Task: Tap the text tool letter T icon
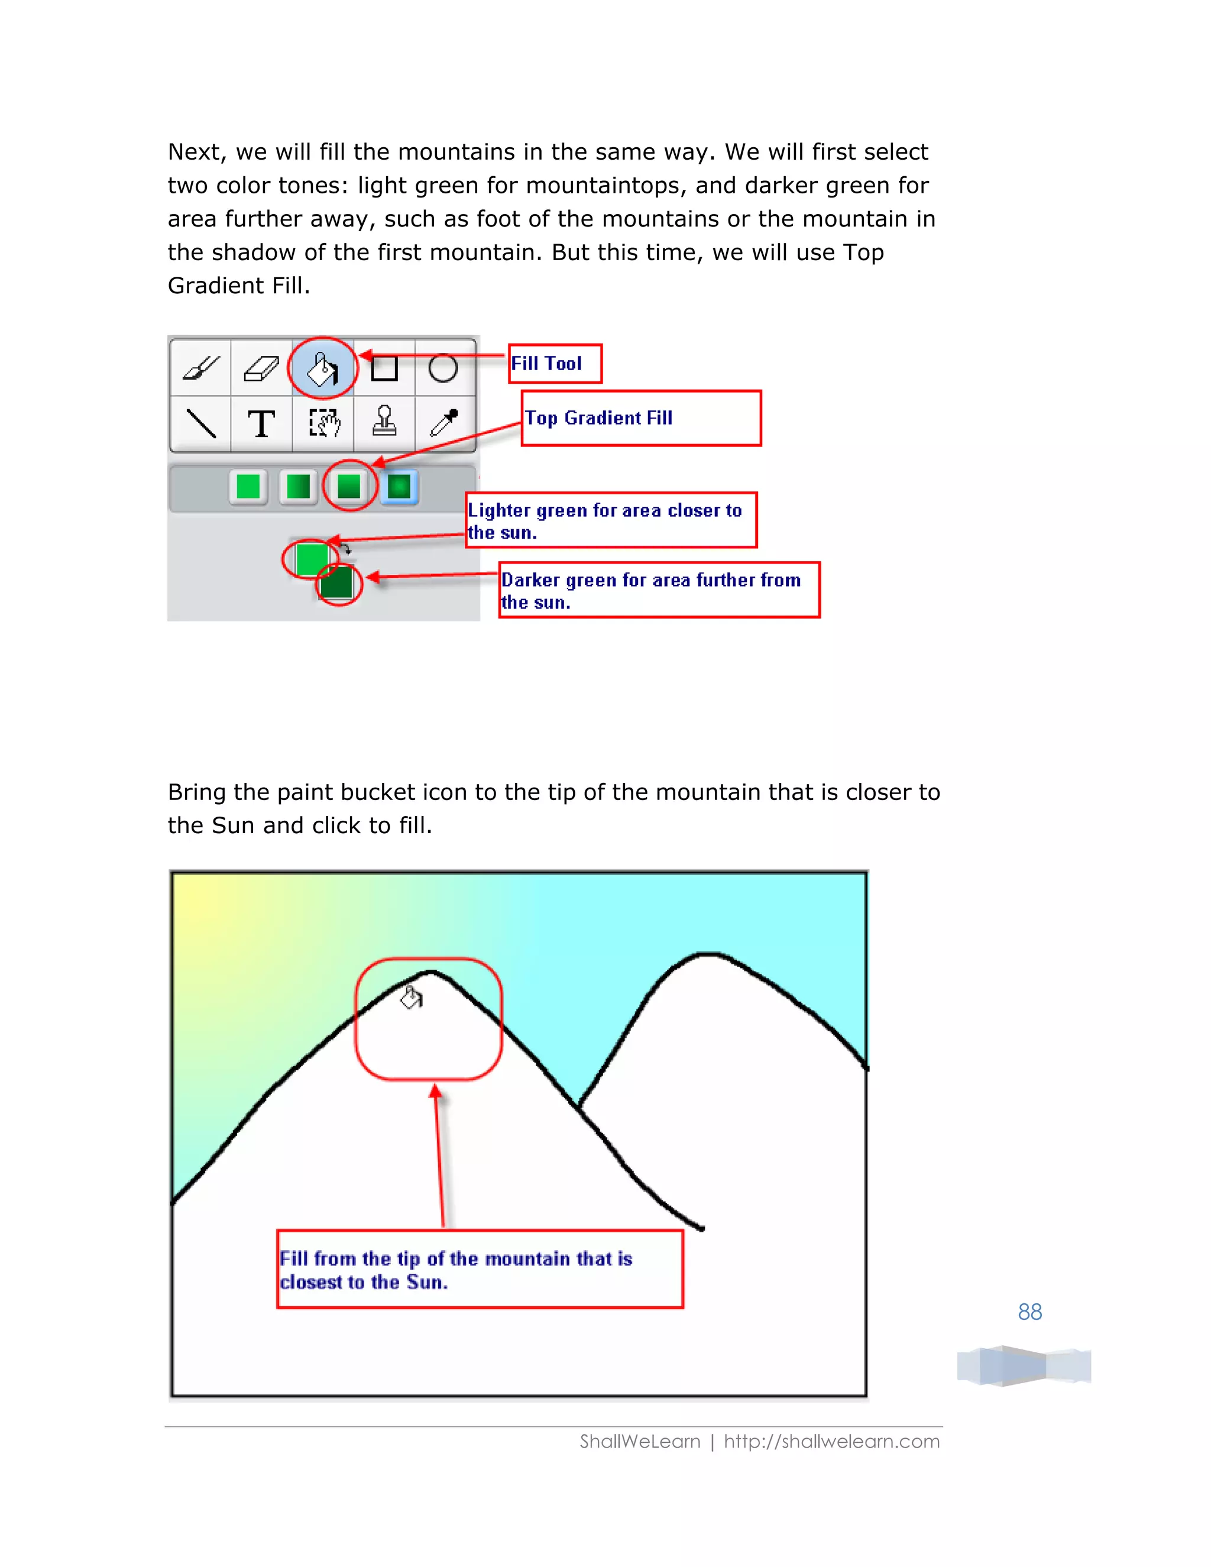click(261, 423)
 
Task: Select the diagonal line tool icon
click(201, 423)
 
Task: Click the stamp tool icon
click(384, 421)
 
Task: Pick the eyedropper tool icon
click(444, 422)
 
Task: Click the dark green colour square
click(336, 582)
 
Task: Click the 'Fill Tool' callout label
click(547, 364)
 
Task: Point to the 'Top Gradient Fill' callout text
click(599, 418)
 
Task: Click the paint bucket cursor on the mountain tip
click(412, 998)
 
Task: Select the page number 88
click(1029, 1312)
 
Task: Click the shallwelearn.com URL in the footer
click(831, 1442)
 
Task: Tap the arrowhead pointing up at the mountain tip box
click(435, 1093)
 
